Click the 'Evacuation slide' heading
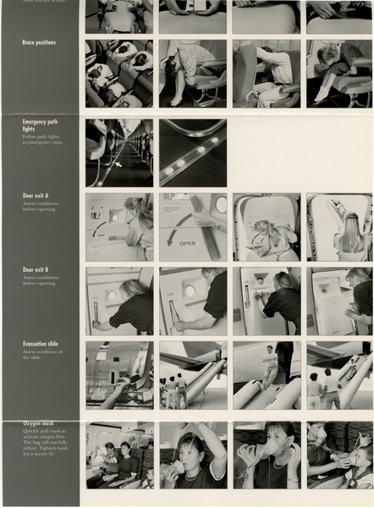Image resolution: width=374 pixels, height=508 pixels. [x=41, y=344]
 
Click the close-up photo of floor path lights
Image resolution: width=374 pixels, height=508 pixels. [x=193, y=152]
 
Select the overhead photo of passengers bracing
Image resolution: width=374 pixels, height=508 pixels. [x=119, y=74]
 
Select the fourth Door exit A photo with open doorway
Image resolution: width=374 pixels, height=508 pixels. [x=338, y=227]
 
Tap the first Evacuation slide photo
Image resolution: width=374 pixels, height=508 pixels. [x=119, y=375]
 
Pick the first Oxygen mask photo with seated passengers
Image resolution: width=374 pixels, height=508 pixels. [x=119, y=456]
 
